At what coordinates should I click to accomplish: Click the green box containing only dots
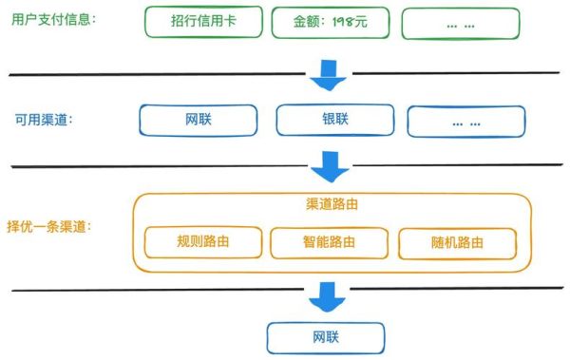tap(463, 24)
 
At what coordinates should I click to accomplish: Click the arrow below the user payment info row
tap(330, 72)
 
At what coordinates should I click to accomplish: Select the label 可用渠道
tap(44, 120)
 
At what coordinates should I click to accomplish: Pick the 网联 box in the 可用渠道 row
tap(199, 120)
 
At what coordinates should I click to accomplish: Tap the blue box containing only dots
tap(465, 120)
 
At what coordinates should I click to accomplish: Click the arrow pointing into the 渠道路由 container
tap(331, 168)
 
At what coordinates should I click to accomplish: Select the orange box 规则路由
tap(202, 242)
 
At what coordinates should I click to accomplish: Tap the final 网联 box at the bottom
tap(326, 337)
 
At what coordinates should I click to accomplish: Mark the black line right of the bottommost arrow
tap(446, 288)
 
